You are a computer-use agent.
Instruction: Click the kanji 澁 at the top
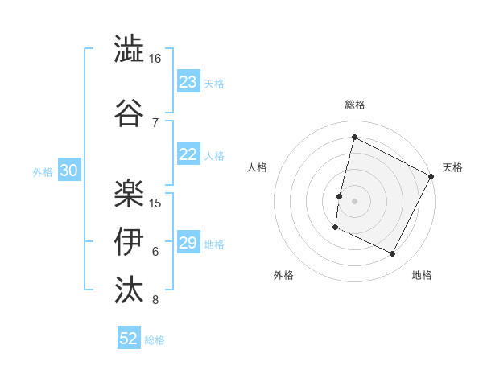click(129, 49)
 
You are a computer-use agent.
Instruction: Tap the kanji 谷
click(129, 111)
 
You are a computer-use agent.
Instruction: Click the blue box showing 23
click(188, 82)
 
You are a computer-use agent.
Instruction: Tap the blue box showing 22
click(188, 155)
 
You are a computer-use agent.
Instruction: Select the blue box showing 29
click(188, 244)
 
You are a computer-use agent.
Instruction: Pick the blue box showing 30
click(68, 171)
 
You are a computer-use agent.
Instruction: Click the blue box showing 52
click(129, 339)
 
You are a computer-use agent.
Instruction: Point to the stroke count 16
click(155, 59)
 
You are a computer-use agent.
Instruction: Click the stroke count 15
click(156, 203)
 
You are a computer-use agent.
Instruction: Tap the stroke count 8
click(155, 301)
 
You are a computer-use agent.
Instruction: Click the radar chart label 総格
click(354, 105)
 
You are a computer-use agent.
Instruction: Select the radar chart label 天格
click(452, 167)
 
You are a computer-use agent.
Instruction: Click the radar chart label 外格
click(283, 275)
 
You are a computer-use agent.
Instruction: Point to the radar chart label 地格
click(422, 275)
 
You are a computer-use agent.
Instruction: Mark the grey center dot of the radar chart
click(354, 201)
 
